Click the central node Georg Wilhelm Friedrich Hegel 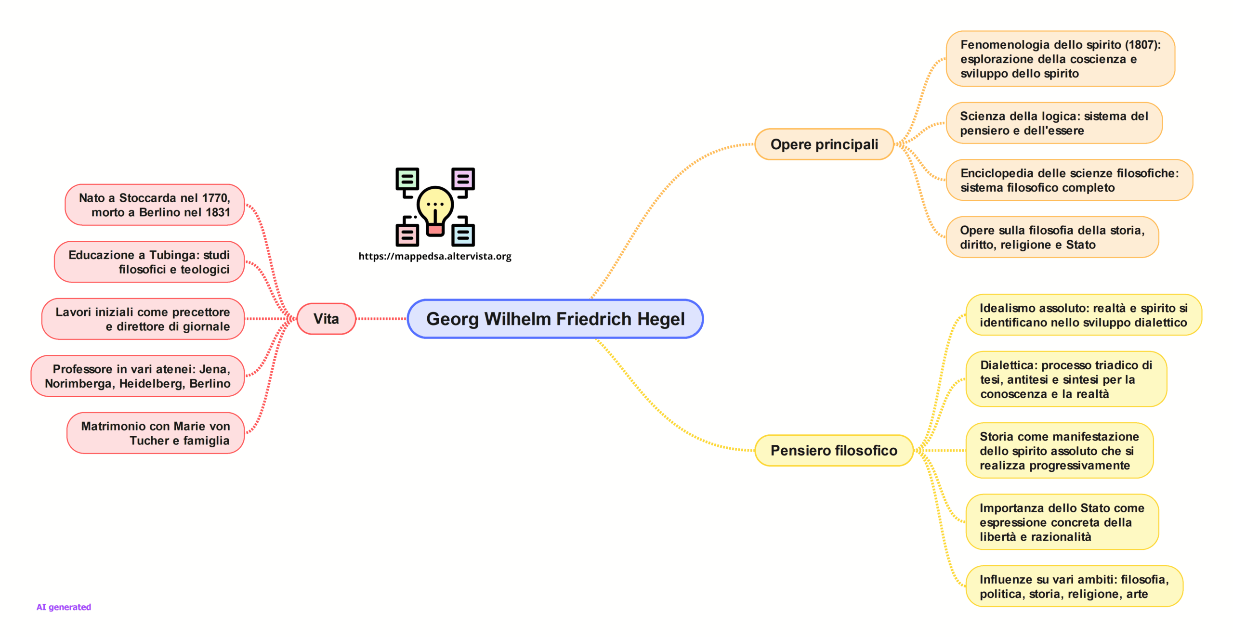(x=555, y=319)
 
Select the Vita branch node (x=326, y=319)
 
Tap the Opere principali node (x=824, y=144)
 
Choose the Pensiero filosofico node (x=833, y=451)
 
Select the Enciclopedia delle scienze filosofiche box (x=1069, y=180)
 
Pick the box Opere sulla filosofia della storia (x=1052, y=237)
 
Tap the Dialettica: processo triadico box (x=1065, y=379)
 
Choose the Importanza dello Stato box (x=1062, y=522)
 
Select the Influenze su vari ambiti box (x=1074, y=586)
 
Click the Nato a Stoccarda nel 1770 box (x=155, y=205)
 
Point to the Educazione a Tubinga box (x=149, y=262)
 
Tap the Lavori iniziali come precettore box (x=143, y=319)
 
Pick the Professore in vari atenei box (x=138, y=376)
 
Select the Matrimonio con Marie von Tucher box (x=156, y=433)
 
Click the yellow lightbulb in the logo (x=435, y=207)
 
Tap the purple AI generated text (x=64, y=607)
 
